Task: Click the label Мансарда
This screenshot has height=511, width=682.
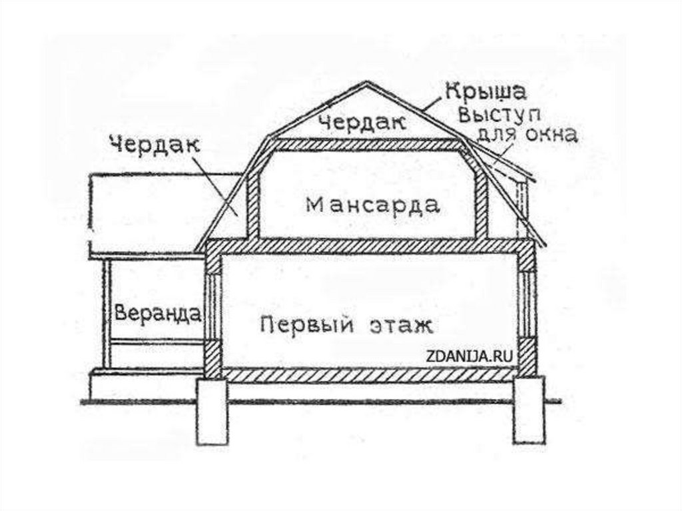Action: coord(372,205)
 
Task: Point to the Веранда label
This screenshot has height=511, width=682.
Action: coord(158,312)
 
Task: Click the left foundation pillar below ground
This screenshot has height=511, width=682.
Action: coord(211,413)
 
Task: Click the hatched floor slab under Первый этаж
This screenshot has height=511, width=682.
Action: coord(370,374)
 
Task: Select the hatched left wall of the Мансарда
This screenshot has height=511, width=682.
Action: coord(253,193)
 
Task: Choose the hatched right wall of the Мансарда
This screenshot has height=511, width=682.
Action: coord(481,193)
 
